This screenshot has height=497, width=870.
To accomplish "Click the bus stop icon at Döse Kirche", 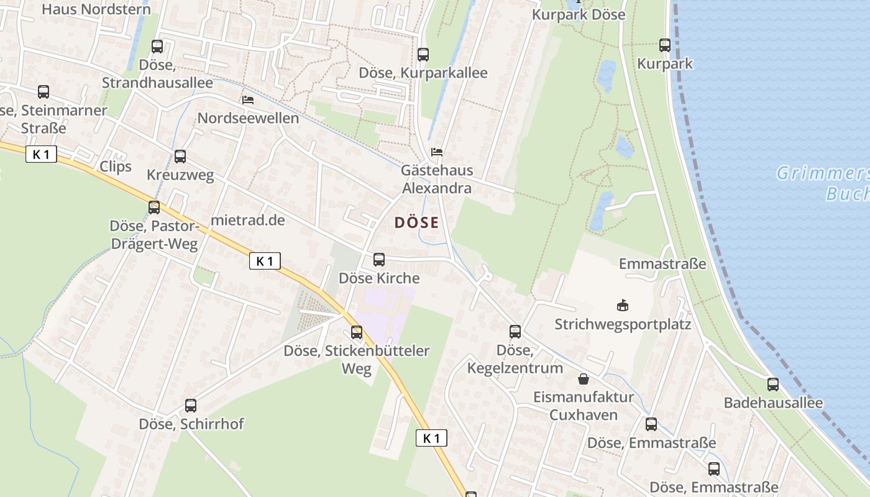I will point(379,260).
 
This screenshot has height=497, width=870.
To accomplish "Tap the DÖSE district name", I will point(416,222).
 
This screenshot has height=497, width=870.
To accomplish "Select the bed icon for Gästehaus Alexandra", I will point(437,152).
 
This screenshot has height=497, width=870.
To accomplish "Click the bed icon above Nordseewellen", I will point(248,99).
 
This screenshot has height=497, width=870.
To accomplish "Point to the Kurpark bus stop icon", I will point(665,45).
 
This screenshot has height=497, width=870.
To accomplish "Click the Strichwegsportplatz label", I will point(623,324).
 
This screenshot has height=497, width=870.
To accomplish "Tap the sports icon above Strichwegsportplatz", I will point(622,305).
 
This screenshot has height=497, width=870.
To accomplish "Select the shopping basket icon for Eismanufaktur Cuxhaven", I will point(584,378).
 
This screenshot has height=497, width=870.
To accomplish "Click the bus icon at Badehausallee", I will point(773,384).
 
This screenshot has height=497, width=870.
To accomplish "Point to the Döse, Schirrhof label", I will point(191,424).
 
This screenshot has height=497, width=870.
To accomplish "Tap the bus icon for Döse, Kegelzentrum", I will point(515,331).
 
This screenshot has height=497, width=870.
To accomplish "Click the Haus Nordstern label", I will point(96,9).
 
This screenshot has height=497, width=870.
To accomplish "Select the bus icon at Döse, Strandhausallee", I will point(157,46).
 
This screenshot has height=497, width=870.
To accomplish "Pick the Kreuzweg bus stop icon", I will point(180,157).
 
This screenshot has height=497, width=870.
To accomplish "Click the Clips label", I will point(116,166).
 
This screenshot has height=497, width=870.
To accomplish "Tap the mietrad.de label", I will point(248,220).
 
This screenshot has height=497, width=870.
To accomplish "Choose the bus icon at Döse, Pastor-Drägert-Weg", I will point(154,207).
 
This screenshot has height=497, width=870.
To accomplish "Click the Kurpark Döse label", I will point(579,14).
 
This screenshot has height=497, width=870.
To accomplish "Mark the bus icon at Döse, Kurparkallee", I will point(423,54).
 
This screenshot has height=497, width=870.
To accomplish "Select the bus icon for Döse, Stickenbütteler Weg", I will point(357,332).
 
